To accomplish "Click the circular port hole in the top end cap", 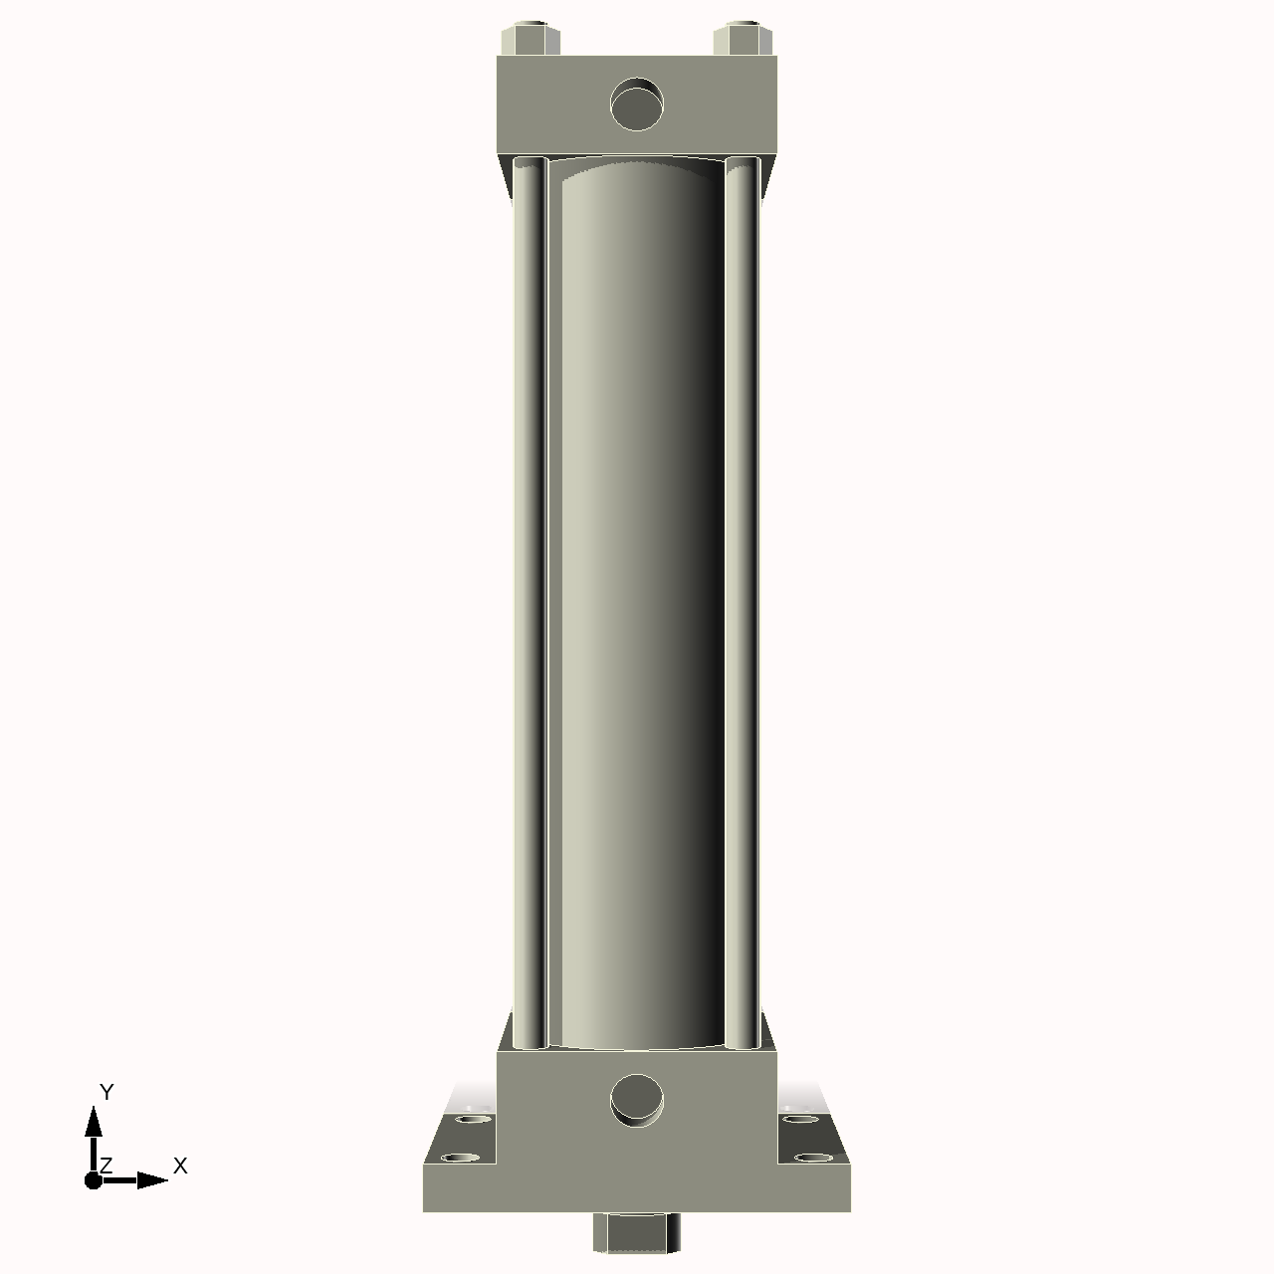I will click(637, 105).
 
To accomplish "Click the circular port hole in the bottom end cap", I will click(637, 1099).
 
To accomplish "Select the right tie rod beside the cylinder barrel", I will click(742, 597).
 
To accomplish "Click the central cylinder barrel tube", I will click(637, 597).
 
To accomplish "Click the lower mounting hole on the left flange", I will click(460, 1158).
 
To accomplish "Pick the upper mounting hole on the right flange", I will click(800, 1119).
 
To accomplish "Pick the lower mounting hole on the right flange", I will click(812, 1158).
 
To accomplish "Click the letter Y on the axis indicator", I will click(106, 1092).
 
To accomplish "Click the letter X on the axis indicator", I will click(180, 1166).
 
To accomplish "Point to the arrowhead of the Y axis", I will click(94, 1123).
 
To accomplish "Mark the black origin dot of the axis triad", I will click(94, 1180).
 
